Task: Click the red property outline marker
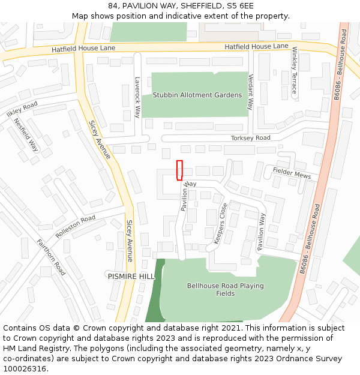click(179, 170)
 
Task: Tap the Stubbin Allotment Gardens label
click(197, 95)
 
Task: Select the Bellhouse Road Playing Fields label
click(225, 290)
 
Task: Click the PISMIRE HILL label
click(131, 277)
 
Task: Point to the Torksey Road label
click(251, 138)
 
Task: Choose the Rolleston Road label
click(75, 226)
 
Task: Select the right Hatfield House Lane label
click(256, 46)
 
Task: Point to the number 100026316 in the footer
click(25, 368)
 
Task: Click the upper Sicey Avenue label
click(100, 139)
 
